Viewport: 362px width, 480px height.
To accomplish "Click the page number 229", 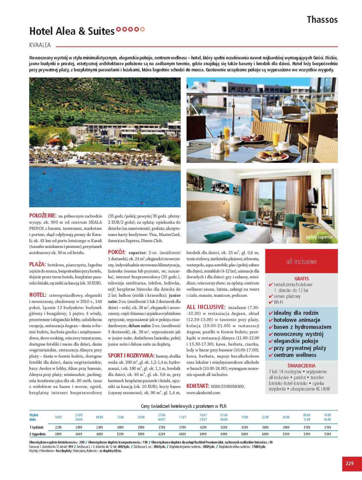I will (349, 463).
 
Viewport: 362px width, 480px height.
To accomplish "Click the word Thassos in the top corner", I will (322, 20).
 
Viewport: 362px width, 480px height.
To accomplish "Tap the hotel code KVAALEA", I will (40, 45).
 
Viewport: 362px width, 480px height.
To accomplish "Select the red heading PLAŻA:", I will (37, 264).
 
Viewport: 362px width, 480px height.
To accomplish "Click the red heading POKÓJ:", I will (117, 252).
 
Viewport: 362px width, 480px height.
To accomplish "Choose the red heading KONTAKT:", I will (197, 386).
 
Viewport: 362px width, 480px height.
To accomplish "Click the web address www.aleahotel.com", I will (203, 392).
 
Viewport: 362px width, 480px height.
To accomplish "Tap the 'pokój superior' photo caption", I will (319, 237).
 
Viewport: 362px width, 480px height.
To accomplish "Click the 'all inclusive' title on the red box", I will (301, 261).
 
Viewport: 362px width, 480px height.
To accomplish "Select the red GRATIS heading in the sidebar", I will (301, 278).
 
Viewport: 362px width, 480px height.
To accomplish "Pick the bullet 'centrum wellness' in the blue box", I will (295, 355).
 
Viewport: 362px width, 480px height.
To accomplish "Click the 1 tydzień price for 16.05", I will (58, 427).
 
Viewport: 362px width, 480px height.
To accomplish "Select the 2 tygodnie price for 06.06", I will (99, 434).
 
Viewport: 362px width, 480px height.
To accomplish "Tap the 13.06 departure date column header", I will (120, 417).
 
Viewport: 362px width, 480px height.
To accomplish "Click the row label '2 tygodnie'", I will (37, 434).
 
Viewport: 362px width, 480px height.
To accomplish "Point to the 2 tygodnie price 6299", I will (162, 434).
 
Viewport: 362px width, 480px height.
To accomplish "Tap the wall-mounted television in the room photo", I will (312, 196).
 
